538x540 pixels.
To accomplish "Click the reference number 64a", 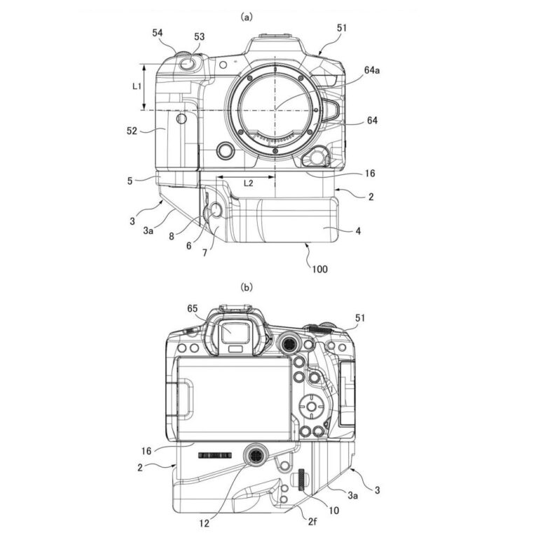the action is [x=372, y=70].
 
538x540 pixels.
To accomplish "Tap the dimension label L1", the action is [x=137, y=86].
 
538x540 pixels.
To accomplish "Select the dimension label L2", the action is [x=248, y=184].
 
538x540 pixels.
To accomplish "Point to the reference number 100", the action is [x=319, y=269].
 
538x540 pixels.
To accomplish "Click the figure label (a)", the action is [x=247, y=17].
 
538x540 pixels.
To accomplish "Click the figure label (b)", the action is [x=247, y=287].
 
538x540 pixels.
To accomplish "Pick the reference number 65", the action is [x=193, y=309].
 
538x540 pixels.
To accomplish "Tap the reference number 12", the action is [x=205, y=523].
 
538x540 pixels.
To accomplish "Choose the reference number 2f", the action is [x=312, y=522].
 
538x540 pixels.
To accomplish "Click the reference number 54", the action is [x=158, y=33].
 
